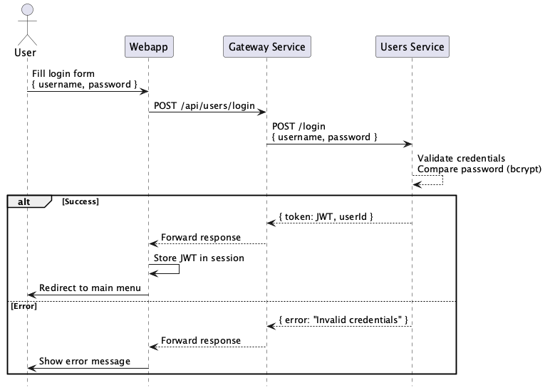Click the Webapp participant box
click(148, 47)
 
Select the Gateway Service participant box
click(266, 47)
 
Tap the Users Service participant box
click(412, 47)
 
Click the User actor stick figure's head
click(27, 10)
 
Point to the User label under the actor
click(26, 52)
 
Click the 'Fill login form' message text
click(63, 74)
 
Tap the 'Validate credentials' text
click(461, 158)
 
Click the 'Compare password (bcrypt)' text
click(479, 169)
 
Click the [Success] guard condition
click(81, 201)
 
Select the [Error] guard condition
click(24, 306)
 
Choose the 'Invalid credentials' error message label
click(343, 320)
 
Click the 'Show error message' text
click(85, 362)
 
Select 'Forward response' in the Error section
click(200, 341)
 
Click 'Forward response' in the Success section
click(200, 237)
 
